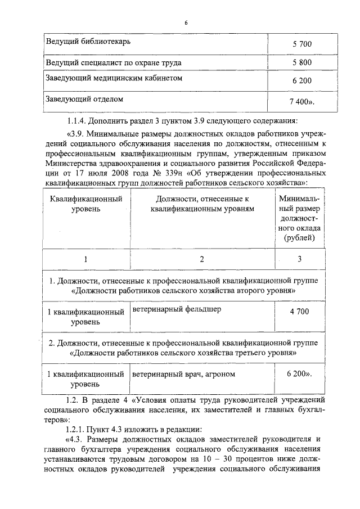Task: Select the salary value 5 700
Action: pos(302,44)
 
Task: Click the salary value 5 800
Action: pos(302,62)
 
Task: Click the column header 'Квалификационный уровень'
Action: pos(86,204)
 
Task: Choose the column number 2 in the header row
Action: pos(202,259)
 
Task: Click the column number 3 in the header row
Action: pos(299,259)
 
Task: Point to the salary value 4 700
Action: pos(299,311)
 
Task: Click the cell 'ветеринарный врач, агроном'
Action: pos(184,373)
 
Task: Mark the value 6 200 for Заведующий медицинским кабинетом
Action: pos(302,81)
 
